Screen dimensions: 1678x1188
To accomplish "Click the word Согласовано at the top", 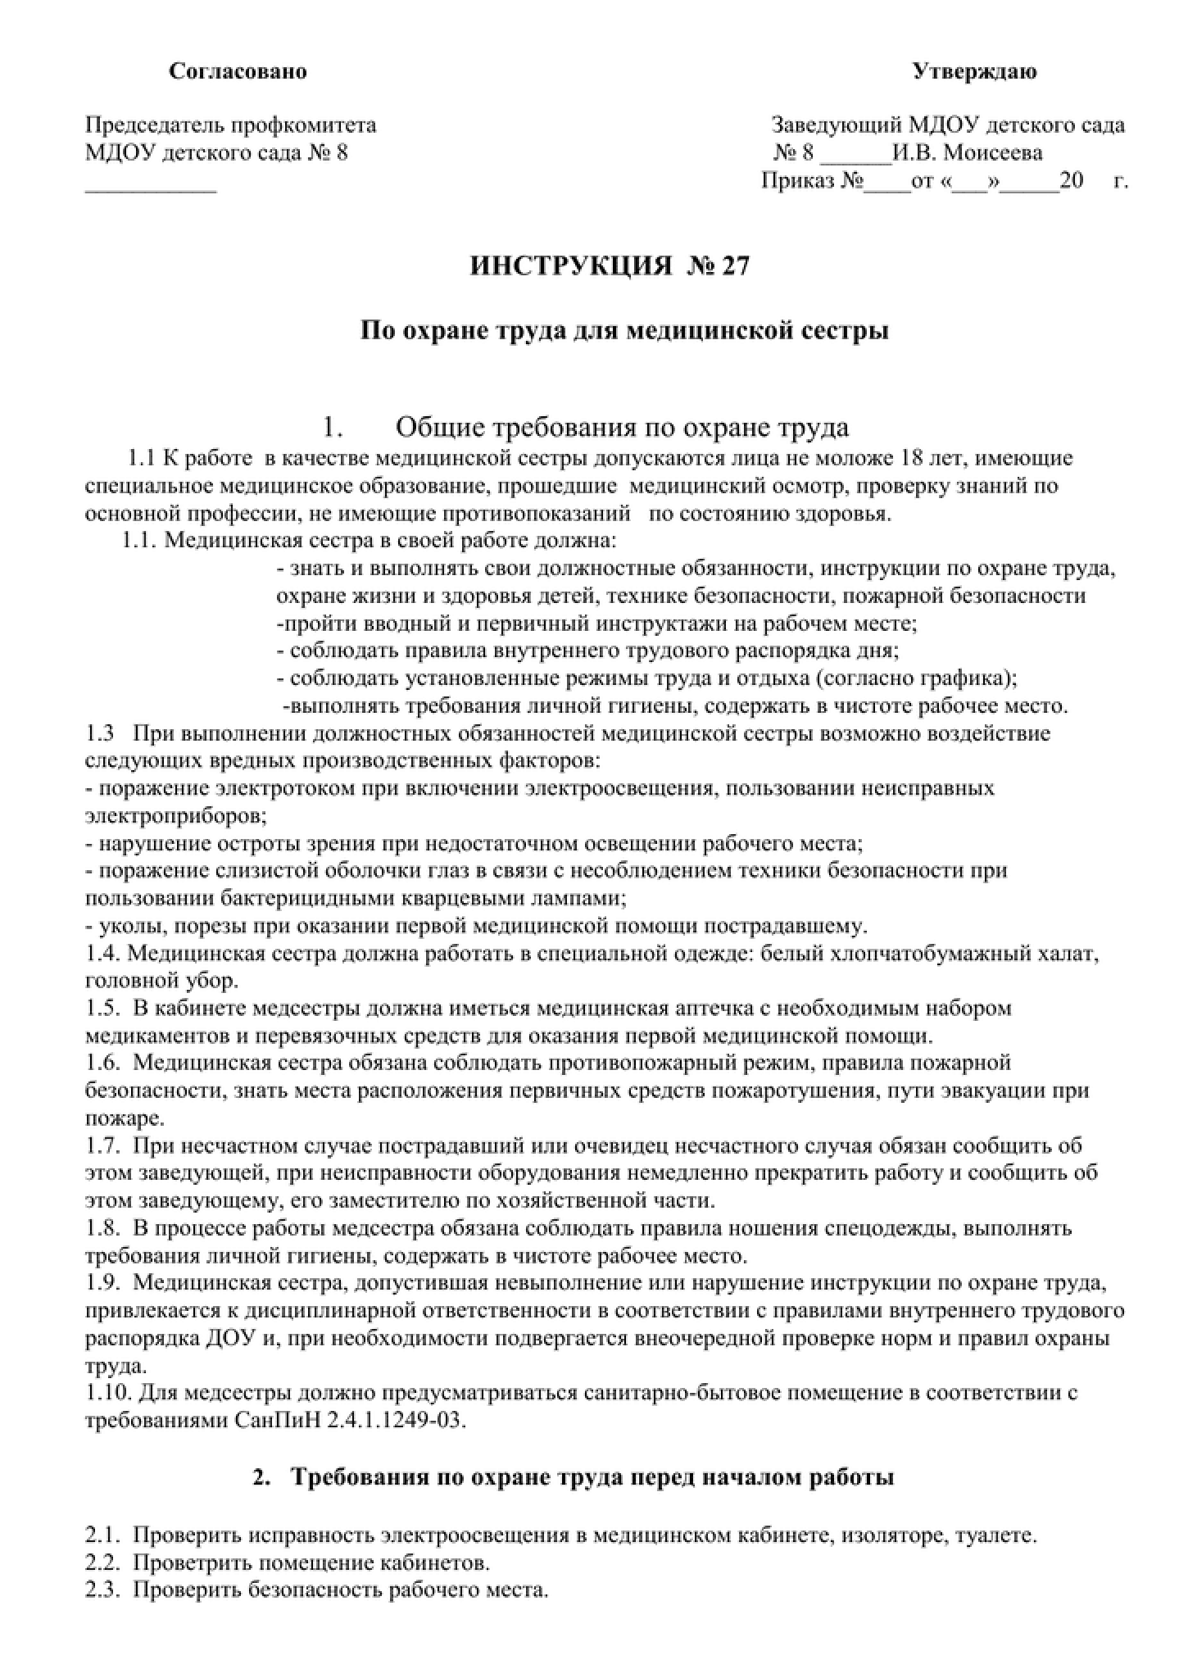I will (238, 72).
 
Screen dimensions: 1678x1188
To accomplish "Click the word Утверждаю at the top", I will (974, 72).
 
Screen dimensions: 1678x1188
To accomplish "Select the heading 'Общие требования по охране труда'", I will (622, 428).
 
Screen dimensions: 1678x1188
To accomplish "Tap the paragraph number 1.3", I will (100, 732).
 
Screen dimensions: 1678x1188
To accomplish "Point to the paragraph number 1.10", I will (107, 1393).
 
